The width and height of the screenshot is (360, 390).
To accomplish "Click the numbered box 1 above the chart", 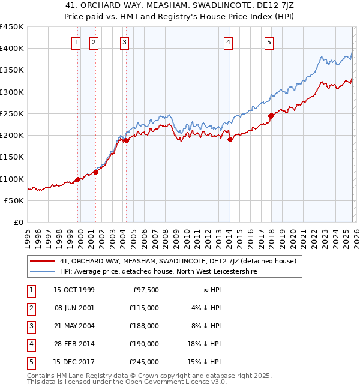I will (77, 42).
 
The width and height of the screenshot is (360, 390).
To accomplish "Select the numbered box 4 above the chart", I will (229, 42).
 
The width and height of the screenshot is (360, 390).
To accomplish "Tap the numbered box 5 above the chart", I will (269, 42).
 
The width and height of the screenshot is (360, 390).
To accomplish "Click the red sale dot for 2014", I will (230, 139).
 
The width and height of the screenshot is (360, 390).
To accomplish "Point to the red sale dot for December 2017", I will (271, 116).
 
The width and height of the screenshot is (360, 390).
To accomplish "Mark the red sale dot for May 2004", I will (126, 140).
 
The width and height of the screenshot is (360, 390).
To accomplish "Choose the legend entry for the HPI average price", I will (158, 271).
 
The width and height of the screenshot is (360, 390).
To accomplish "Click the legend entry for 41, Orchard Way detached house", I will (178, 261).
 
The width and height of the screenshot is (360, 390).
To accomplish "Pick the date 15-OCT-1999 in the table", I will (74, 290).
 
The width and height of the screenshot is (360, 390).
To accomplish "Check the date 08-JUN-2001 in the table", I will (74, 308).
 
